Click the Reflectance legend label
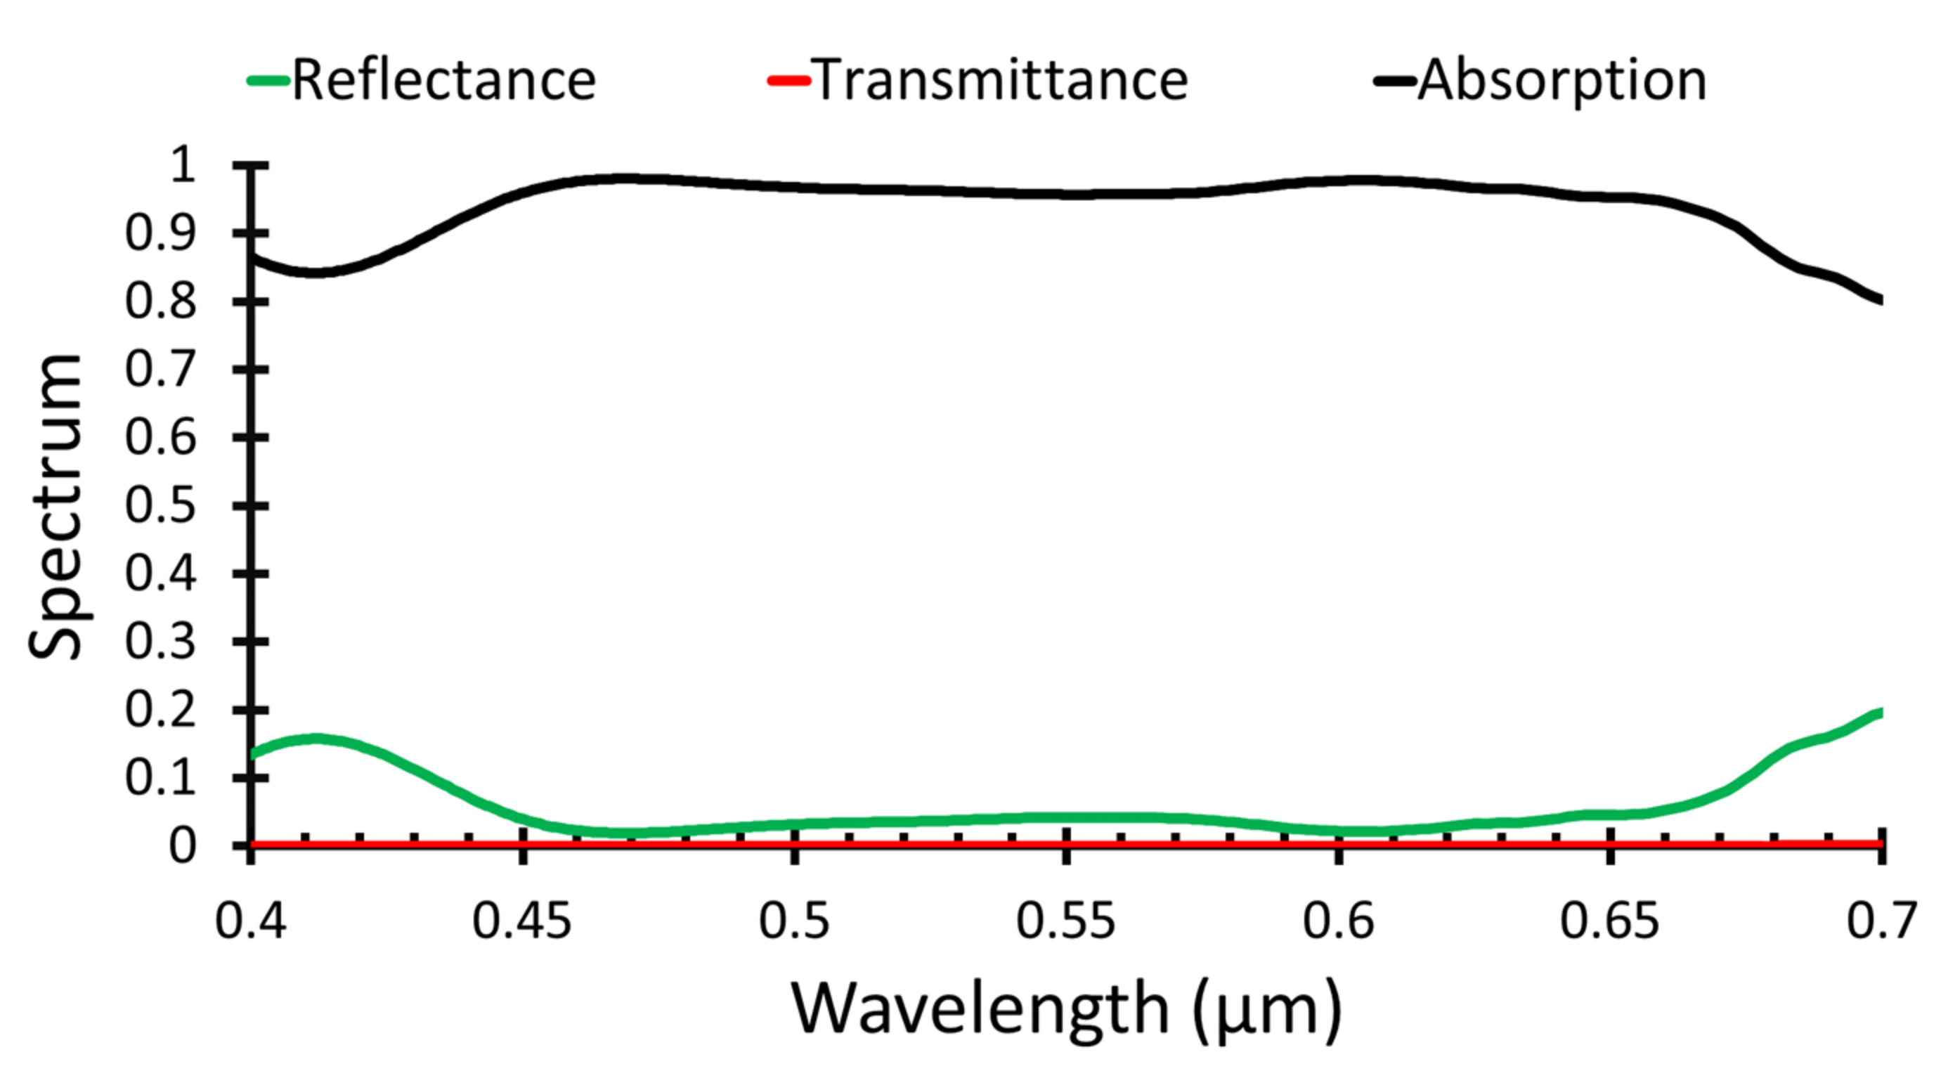pyautogui.click(x=444, y=80)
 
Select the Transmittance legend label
pyautogui.click(x=1001, y=80)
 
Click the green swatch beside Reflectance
pyautogui.click(x=268, y=80)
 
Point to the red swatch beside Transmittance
pyautogui.click(x=788, y=80)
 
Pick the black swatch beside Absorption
pyautogui.click(x=1395, y=80)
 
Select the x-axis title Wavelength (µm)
pyautogui.click(x=1066, y=1009)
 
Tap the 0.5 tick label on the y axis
pyautogui.click(x=160, y=505)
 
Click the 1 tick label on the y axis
pyautogui.click(x=182, y=165)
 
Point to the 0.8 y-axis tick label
pyautogui.click(x=160, y=301)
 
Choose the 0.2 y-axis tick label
pyautogui.click(x=160, y=710)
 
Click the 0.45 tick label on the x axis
pyautogui.click(x=521, y=921)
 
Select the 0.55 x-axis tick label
pyautogui.click(x=1065, y=921)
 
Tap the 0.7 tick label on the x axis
pyautogui.click(x=1881, y=921)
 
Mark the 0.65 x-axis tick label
pyautogui.click(x=1610, y=921)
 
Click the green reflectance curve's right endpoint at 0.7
pyautogui.click(x=1880, y=713)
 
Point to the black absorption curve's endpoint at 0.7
pyautogui.click(x=1880, y=299)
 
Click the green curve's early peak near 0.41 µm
pyautogui.click(x=315, y=738)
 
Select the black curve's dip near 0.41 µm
pyautogui.click(x=315, y=272)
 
